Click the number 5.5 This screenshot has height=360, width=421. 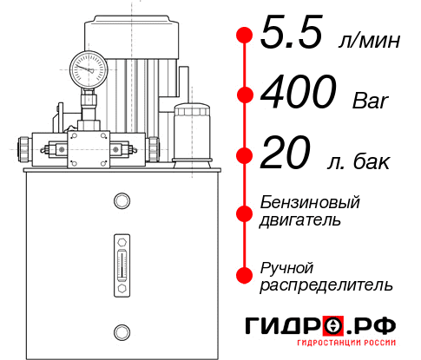(292, 36)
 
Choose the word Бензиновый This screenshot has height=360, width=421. (310, 202)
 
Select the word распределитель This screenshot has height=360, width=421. (326, 284)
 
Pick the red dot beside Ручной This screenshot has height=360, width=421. (245, 275)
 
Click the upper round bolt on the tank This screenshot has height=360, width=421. (121, 201)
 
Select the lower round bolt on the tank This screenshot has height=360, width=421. (121, 331)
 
